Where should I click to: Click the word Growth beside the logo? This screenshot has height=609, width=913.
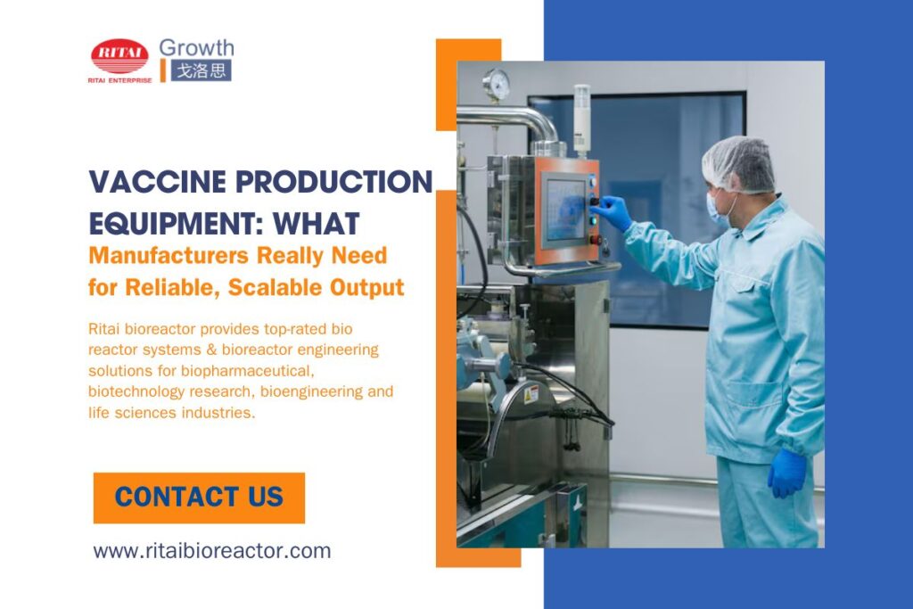point(196,47)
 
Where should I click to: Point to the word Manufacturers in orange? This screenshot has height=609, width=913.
point(169,255)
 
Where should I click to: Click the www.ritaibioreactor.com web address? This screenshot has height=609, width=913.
point(212,550)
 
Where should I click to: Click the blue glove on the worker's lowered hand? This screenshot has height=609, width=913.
point(786,472)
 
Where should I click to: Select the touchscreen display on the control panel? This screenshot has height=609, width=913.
point(564,209)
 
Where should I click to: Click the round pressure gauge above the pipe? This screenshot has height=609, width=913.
point(497,84)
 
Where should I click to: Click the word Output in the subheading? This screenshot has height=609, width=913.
point(372,288)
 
